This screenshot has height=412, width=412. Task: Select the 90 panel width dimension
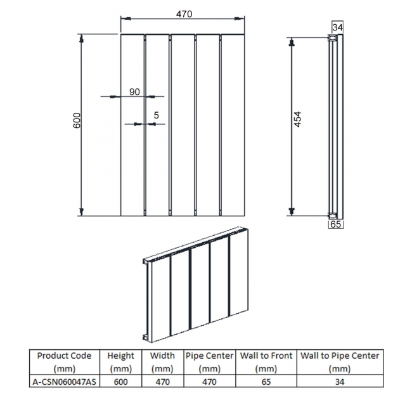tap(134, 92)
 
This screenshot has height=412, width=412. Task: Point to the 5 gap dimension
tap(156, 115)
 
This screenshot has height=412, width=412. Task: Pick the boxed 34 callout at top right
tap(337, 27)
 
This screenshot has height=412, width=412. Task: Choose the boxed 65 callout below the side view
tap(336, 224)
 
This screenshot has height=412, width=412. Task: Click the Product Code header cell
tap(65, 362)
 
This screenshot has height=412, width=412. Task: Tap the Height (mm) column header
tap(120, 362)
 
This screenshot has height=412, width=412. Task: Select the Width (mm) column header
tap(162, 362)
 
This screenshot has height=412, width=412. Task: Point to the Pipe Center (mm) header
tap(209, 362)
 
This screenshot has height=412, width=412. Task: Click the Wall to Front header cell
tap(266, 362)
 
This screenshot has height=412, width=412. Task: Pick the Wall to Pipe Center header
tap(340, 362)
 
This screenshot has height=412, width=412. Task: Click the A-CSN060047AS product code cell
tap(65, 382)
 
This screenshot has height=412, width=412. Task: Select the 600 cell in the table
tap(120, 382)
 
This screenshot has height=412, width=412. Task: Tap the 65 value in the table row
tap(266, 382)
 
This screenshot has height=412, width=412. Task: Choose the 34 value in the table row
tap(340, 382)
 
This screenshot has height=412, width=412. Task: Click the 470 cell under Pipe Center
tap(209, 382)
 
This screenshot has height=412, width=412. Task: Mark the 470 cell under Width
tap(162, 382)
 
